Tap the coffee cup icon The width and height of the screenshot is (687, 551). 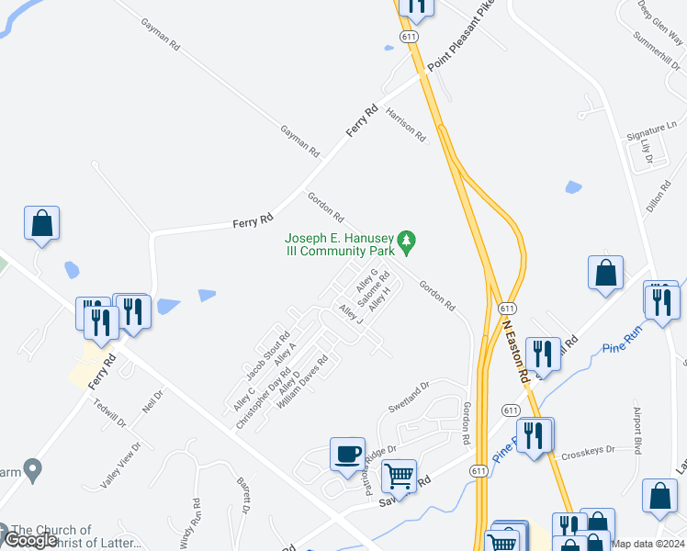coord(347,455)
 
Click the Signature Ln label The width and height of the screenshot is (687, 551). coord(645,134)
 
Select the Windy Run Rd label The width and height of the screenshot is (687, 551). coord(197,518)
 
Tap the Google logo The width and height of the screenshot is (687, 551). coord(31,540)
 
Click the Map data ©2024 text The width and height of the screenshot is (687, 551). coord(648,544)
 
